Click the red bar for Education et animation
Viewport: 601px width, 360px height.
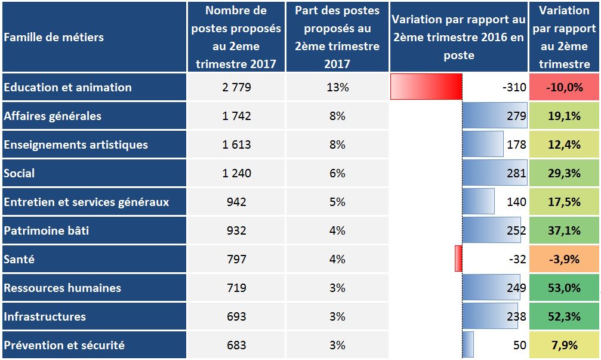(x=426, y=87)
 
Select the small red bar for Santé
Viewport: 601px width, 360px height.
(x=458, y=259)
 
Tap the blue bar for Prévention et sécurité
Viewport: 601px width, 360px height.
(x=468, y=345)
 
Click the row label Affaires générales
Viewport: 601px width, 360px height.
(x=53, y=116)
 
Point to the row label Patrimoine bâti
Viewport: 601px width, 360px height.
(x=47, y=230)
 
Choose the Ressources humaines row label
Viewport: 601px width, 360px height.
(x=62, y=288)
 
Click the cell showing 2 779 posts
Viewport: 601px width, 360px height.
(x=236, y=87)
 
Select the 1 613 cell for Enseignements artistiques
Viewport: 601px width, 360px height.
(x=236, y=144)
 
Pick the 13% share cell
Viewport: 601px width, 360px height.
(x=337, y=87)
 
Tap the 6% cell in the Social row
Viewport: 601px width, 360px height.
(x=337, y=173)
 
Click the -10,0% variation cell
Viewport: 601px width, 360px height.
(x=564, y=87)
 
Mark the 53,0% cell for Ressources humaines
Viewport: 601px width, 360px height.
(x=564, y=288)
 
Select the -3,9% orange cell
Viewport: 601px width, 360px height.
(x=564, y=259)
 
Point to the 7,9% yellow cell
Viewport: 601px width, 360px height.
(x=564, y=345)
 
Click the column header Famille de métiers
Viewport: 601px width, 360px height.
(x=54, y=37)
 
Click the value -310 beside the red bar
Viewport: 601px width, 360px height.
(x=514, y=87)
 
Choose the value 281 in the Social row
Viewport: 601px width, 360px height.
(x=516, y=173)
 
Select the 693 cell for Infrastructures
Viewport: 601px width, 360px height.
(x=236, y=316)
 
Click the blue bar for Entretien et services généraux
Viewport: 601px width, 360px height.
(x=478, y=202)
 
